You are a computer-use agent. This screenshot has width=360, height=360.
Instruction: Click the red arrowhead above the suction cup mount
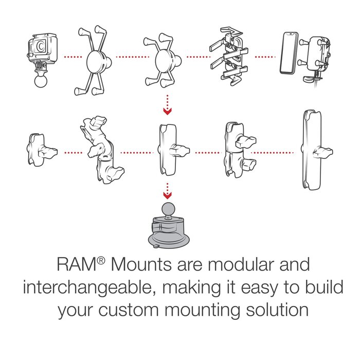166,195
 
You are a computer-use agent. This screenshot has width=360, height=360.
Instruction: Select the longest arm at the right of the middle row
310,150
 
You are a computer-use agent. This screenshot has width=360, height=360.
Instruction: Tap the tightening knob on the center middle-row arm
183,152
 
